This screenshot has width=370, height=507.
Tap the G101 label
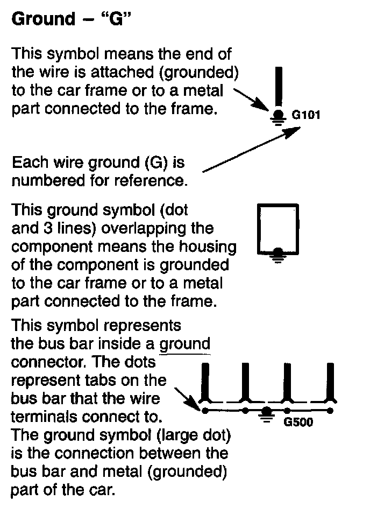point(305,115)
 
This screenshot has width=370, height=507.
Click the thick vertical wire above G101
point(277,86)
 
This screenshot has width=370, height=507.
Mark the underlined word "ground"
point(186,343)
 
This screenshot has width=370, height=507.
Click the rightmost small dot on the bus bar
point(330,411)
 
